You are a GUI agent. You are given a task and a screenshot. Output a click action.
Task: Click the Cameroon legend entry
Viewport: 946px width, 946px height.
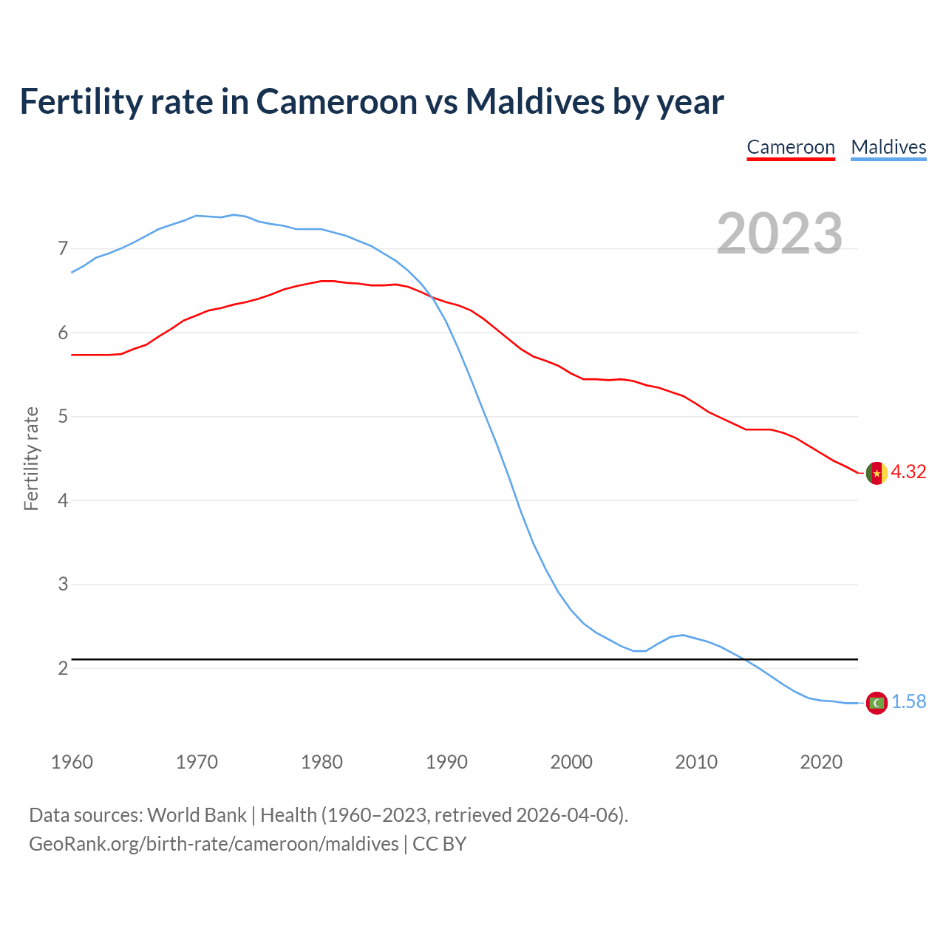tap(791, 147)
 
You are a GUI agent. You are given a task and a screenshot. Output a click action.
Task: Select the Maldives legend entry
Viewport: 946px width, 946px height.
tap(888, 147)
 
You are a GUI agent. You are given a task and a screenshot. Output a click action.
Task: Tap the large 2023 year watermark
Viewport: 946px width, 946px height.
tap(780, 234)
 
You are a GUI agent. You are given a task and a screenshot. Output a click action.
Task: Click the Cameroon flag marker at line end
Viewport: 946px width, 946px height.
tap(877, 473)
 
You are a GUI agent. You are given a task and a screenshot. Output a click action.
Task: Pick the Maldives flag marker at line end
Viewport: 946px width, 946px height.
tap(877, 703)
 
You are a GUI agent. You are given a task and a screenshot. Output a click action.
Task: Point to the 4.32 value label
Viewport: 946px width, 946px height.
tap(908, 472)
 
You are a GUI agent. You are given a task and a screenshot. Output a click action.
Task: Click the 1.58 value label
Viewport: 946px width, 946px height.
tap(908, 702)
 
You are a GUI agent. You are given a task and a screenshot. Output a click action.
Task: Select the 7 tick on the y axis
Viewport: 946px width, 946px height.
tap(63, 249)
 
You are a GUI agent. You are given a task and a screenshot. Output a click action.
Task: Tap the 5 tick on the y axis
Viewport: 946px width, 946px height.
tap(63, 417)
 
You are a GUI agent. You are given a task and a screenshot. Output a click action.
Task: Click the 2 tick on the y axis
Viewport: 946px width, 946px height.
tap(63, 668)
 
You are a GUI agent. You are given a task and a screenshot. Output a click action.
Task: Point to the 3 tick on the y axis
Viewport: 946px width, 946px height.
tap(63, 585)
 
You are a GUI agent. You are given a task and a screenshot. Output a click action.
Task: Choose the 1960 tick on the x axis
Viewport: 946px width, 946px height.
tap(72, 762)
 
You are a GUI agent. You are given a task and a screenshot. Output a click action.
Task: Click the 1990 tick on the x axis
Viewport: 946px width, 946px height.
tap(446, 762)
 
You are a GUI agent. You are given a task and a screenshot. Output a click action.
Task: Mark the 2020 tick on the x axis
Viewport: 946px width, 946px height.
tap(821, 762)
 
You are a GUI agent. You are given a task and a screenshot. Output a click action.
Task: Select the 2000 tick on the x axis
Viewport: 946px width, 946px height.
tap(571, 762)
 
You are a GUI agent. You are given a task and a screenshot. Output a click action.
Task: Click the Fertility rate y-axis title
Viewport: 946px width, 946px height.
tap(31, 458)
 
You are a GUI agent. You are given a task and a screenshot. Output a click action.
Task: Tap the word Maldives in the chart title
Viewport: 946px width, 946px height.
tap(534, 101)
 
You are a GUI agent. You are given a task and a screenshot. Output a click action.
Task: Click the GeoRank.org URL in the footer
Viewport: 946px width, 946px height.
tap(214, 844)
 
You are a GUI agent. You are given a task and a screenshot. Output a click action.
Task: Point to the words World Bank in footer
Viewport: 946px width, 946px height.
tap(197, 815)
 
